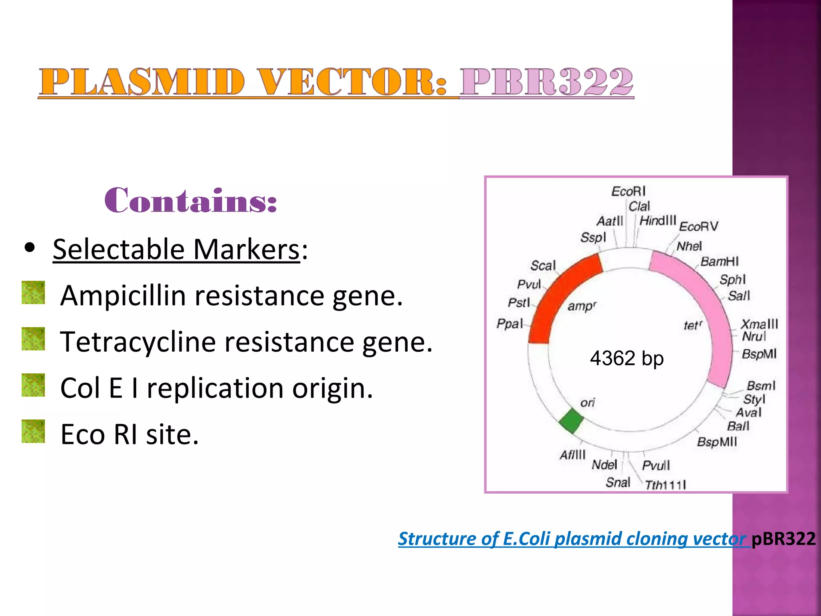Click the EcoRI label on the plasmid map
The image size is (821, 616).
(x=628, y=191)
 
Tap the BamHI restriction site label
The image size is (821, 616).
(x=719, y=261)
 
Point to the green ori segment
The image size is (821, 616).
(x=571, y=421)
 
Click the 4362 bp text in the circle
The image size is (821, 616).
(x=627, y=358)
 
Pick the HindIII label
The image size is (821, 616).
(x=657, y=220)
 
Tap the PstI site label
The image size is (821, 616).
(x=519, y=302)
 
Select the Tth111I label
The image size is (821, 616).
(x=665, y=485)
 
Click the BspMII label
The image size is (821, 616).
(x=717, y=442)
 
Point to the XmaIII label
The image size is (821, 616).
(x=759, y=324)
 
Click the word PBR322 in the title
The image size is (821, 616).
(x=546, y=82)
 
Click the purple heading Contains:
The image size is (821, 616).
(x=190, y=201)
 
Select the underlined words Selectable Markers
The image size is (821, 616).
(x=176, y=249)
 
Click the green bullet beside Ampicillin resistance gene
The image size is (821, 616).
(x=33, y=292)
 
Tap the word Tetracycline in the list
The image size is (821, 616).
(x=138, y=342)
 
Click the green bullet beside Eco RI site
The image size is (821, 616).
(x=33, y=431)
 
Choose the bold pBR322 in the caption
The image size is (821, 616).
(x=783, y=539)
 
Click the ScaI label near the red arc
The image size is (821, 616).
(x=543, y=265)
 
